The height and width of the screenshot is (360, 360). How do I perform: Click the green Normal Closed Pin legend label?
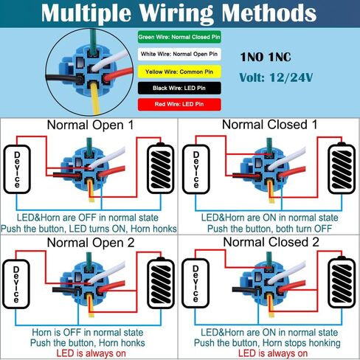coord(179,37)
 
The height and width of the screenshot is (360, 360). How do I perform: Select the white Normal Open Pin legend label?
coord(179,54)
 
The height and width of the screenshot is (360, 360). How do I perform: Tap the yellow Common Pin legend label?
coord(179,72)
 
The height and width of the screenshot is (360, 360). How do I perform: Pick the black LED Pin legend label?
coord(179,88)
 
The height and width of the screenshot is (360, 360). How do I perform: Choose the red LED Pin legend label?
coord(179,104)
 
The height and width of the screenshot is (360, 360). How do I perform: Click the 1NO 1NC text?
coord(266,57)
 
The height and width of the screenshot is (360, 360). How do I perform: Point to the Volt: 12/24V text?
coord(276,77)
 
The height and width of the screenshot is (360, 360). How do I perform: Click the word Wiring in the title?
coord(176,13)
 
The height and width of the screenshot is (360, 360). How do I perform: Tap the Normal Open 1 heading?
coord(90,125)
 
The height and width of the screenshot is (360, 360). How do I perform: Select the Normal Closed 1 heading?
coord(269,125)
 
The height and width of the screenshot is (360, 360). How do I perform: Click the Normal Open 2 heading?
coord(91,243)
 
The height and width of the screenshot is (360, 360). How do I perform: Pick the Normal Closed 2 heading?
coord(271,242)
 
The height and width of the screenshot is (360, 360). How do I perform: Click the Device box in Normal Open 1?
coord(17,170)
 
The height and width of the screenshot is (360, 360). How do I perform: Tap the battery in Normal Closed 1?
coord(342,169)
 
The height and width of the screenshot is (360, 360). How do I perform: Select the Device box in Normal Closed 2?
coord(195,283)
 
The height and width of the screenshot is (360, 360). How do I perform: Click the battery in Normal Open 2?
coord(161,283)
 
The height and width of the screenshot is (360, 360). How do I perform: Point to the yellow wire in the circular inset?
coord(94,98)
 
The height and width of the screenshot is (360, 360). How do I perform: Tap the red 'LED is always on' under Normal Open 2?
coord(91,353)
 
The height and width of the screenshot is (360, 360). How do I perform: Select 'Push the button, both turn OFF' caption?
coord(269,229)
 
